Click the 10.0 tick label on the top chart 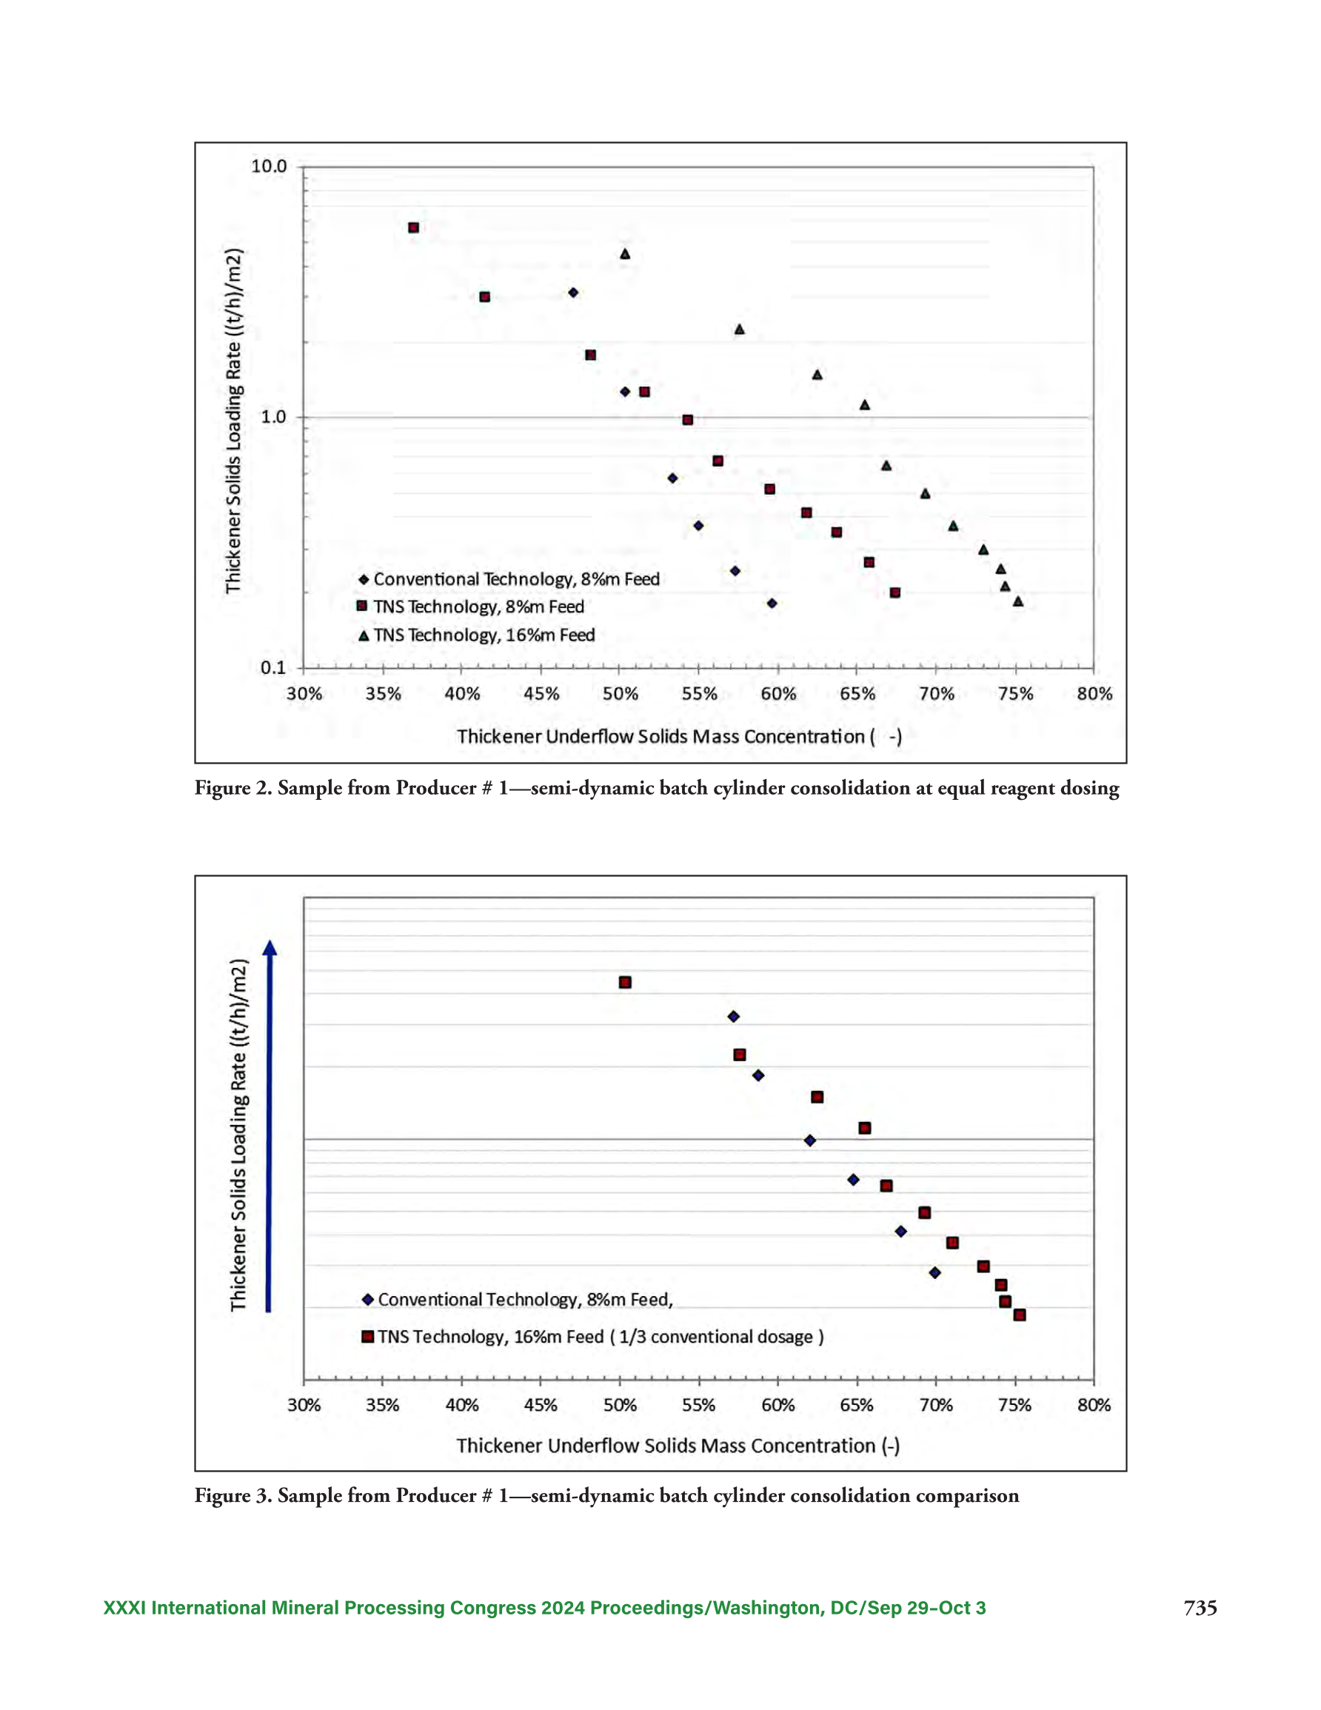click(x=269, y=166)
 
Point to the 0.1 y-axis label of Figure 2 click(x=273, y=667)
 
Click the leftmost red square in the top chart click(x=413, y=228)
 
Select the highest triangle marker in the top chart click(x=625, y=254)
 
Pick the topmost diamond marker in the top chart click(x=573, y=293)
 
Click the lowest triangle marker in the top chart click(x=1018, y=601)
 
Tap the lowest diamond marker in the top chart click(x=772, y=604)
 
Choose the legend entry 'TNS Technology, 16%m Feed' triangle click(x=364, y=635)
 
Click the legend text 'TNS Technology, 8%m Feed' click(x=478, y=607)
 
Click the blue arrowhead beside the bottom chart click(x=270, y=947)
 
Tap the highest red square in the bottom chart click(x=625, y=983)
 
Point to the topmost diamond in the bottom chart click(x=734, y=1017)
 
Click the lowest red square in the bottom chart click(x=1020, y=1315)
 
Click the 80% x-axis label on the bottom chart click(x=1094, y=1406)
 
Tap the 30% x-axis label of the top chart click(x=304, y=694)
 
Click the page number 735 click(x=1200, y=1609)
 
